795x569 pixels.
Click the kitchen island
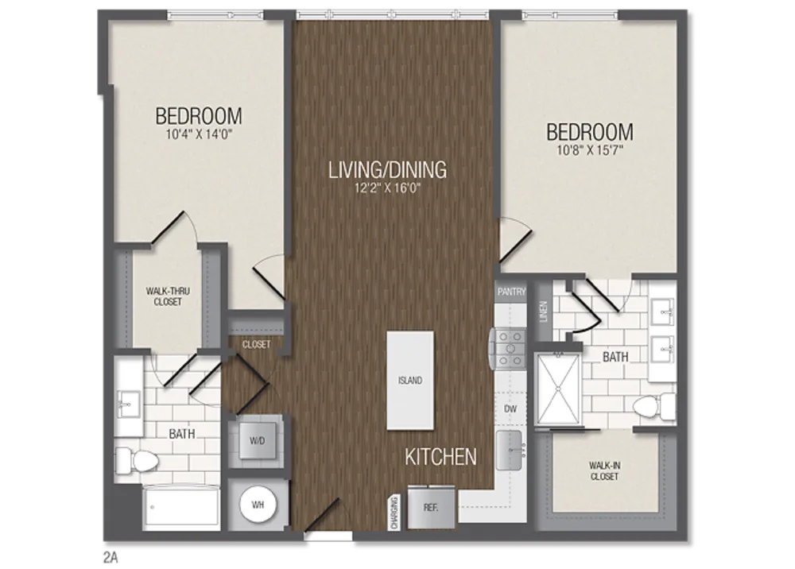[x=409, y=381]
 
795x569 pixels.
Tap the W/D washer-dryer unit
[x=257, y=440]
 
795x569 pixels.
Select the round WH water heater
[x=258, y=505]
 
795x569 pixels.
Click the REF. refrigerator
[x=432, y=507]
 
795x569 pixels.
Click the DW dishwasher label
[x=510, y=408]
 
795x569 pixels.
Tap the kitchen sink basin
[x=509, y=450]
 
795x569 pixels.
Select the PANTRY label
[x=511, y=292]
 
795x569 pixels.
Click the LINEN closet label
[x=544, y=311]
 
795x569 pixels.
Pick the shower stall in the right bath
[x=558, y=389]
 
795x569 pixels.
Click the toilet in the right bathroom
[x=654, y=406]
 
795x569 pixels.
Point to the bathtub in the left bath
[x=182, y=508]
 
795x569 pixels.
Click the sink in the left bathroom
[x=128, y=404]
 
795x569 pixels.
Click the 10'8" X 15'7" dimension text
[x=590, y=150]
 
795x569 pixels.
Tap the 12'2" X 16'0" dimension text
[x=388, y=188]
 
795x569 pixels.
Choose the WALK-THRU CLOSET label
[x=168, y=296]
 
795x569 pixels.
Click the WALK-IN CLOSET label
[x=604, y=470]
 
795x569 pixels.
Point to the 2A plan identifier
[x=111, y=557]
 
